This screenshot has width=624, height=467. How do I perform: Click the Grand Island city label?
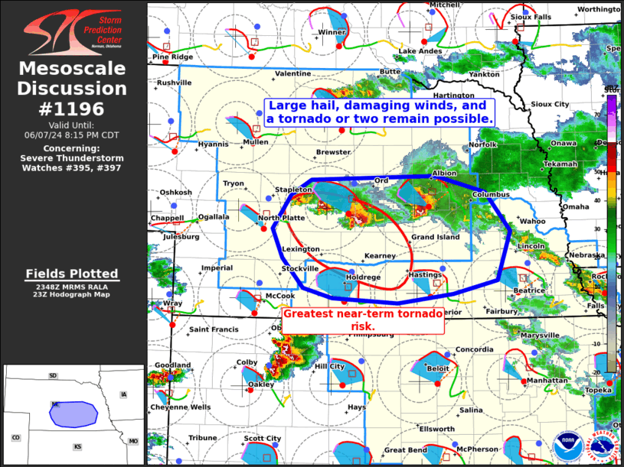tap(435, 237)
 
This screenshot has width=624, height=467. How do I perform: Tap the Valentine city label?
tap(292, 73)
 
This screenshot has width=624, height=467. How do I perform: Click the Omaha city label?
tap(576, 206)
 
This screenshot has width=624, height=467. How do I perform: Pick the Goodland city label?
tap(172, 365)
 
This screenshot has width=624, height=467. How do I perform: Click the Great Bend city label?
tap(405, 450)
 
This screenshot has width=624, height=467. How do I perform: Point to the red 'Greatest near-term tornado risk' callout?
tap(362, 320)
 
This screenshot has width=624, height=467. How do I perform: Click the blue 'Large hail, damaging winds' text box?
tap(378, 112)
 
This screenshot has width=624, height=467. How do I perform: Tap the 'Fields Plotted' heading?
tap(71, 273)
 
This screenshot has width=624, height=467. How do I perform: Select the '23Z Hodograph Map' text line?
tap(71, 294)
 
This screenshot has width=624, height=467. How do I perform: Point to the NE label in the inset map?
tap(56, 404)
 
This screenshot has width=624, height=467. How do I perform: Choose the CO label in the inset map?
tap(15, 437)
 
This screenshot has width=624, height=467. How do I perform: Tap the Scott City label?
tap(263, 438)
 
